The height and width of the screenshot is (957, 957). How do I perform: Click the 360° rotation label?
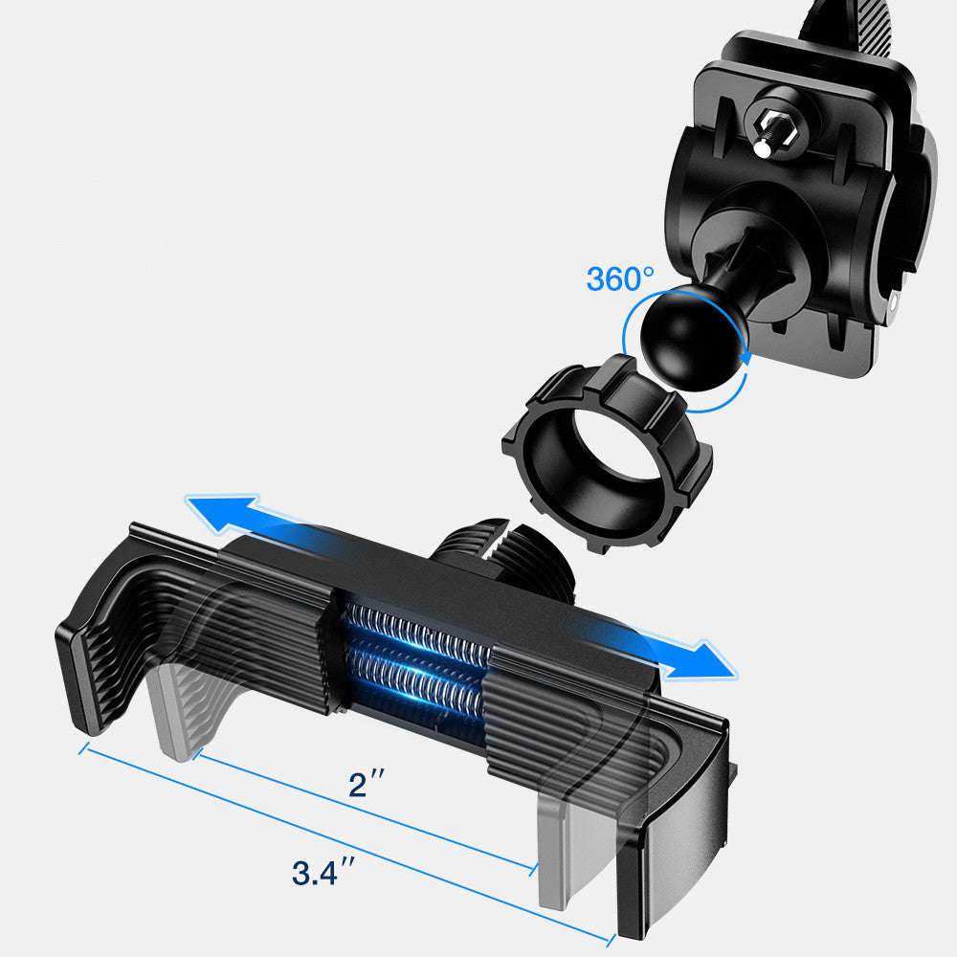(x=620, y=279)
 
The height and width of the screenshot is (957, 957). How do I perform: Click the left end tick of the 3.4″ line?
(x=83, y=747)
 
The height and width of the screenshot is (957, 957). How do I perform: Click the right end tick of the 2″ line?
(x=532, y=869)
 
